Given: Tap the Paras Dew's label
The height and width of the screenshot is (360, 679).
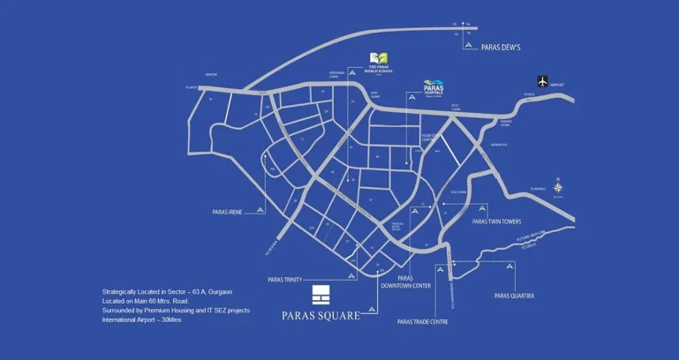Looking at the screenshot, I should [501, 47].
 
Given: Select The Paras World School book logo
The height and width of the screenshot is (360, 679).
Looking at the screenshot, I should [380, 58].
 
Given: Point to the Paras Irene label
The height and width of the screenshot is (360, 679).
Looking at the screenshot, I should [229, 212].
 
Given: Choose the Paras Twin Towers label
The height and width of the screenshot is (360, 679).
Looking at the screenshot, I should [497, 221].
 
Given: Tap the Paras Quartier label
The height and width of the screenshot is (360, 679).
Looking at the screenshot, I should [513, 296].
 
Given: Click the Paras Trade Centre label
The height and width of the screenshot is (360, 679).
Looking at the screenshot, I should [423, 322].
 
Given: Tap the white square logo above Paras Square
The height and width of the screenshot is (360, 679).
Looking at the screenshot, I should [321, 294].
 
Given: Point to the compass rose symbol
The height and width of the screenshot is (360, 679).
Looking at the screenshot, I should [558, 186].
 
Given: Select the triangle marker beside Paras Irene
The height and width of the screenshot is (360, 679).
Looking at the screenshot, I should [259, 210].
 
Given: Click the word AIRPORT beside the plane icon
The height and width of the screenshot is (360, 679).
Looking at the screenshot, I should [557, 86].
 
